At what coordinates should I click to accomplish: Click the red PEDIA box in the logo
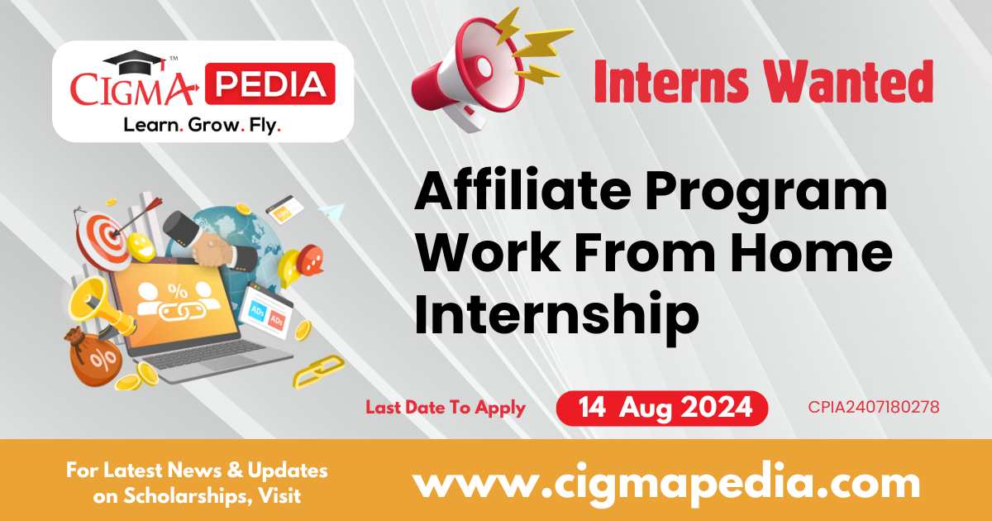click(x=269, y=84)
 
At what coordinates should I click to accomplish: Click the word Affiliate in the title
click(x=522, y=190)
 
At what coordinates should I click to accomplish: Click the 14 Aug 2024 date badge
click(x=661, y=408)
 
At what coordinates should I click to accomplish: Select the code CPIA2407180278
click(x=873, y=407)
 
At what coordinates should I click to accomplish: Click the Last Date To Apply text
click(x=446, y=408)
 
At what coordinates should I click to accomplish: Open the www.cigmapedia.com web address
click(x=667, y=485)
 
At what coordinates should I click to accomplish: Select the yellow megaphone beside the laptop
click(x=98, y=307)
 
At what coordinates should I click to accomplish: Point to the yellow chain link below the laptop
click(x=318, y=371)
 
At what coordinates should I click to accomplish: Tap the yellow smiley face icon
click(x=141, y=246)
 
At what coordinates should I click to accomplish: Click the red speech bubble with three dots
click(x=310, y=260)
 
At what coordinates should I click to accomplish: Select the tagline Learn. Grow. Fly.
click(x=203, y=126)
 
